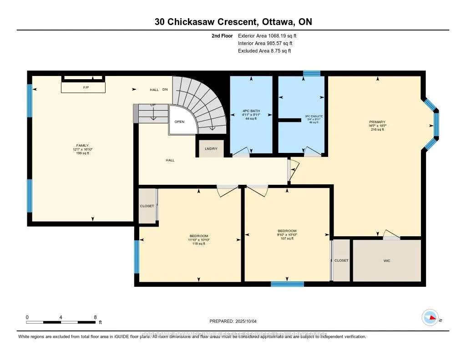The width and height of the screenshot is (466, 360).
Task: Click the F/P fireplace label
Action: tap(86, 87)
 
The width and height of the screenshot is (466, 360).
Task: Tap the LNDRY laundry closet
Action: tap(211, 149)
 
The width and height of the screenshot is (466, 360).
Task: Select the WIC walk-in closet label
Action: tap(387, 261)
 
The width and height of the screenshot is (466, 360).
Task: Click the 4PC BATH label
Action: tap(250, 111)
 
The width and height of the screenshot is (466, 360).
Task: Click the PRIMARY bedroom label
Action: tap(377, 122)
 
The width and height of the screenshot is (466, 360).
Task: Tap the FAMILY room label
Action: tap(82, 145)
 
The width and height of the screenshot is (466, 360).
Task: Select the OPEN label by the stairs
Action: tap(179, 122)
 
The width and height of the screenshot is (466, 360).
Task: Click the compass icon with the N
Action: tap(430, 318)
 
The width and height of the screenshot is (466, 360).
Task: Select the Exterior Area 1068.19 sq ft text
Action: tap(267, 35)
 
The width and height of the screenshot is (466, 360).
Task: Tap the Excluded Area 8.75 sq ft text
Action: tap(264, 51)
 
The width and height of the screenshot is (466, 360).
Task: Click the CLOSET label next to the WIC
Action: tap(341, 261)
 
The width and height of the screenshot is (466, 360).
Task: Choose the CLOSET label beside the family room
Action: tap(147, 206)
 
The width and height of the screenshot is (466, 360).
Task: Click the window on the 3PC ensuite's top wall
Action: tap(312, 73)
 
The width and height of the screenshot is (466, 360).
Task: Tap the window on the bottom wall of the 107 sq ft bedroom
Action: tap(287, 284)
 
